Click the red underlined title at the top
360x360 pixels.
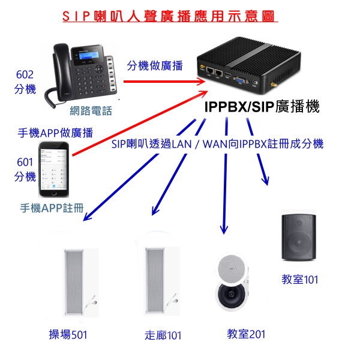pyautogui.click(x=170, y=17)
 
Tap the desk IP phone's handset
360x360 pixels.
pyautogui.click(x=60, y=69)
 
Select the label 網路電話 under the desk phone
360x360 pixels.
pyautogui.click(x=91, y=111)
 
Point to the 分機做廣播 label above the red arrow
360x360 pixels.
pyautogui.click(x=155, y=65)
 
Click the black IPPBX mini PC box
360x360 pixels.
pyautogui.click(x=248, y=66)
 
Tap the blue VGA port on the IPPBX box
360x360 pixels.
pyautogui.click(x=241, y=80)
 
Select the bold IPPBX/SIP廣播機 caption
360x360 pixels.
pyautogui.click(x=262, y=106)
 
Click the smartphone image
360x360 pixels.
pyautogui.click(x=54, y=169)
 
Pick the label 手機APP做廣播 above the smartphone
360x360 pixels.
pyautogui.click(x=56, y=133)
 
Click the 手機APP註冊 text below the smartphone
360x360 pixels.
pyautogui.click(x=52, y=208)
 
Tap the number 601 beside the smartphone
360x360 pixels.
pyautogui.click(x=25, y=162)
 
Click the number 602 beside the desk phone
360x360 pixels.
pyautogui.click(x=25, y=74)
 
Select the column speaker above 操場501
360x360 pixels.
pyautogui.click(x=74, y=282)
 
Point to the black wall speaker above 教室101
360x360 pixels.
pyautogui.click(x=299, y=238)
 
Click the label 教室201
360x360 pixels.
pyautogui.click(x=246, y=334)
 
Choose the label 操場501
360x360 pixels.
pyautogui.click(x=68, y=335)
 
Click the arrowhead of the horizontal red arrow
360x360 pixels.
pyautogui.click(x=201, y=81)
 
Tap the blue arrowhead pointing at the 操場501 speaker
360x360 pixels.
pyautogui.click(x=88, y=216)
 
